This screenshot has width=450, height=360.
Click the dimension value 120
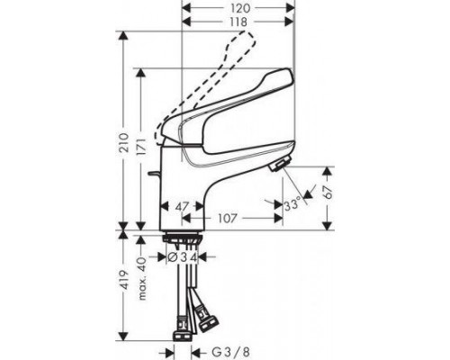point(240,8)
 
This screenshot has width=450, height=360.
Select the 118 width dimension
point(239,22)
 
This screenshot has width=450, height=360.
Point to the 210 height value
point(124,143)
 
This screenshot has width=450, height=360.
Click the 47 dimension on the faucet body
point(182,207)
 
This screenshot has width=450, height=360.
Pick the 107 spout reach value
point(228,219)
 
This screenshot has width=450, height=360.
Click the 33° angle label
point(292,205)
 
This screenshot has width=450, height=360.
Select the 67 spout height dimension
point(328,192)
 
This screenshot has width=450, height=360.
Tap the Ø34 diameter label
point(182,257)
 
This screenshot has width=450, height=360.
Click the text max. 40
point(142,278)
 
